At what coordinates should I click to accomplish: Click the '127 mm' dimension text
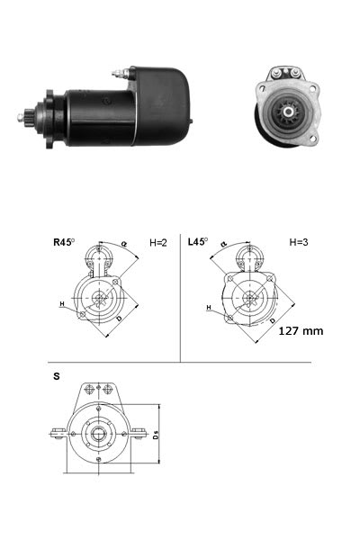pyautogui.click(x=300, y=330)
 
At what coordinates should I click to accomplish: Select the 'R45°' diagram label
pyautogui.click(x=65, y=242)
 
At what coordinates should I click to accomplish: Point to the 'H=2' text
pyautogui.click(x=158, y=242)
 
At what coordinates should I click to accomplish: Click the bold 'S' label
pyautogui.click(x=57, y=374)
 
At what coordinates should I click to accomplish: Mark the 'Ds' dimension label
pyautogui.click(x=156, y=436)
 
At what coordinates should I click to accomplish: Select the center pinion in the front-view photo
pyautogui.click(x=291, y=112)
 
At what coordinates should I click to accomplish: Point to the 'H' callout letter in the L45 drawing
pyautogui.click(x=208, y=308)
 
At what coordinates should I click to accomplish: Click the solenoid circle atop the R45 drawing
pyautogui.click(x=98, y=262)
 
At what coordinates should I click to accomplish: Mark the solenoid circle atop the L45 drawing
pyautogui.click(x=247, y=261)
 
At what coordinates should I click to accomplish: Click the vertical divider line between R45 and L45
pyautogui.click(x=182, y=297)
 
